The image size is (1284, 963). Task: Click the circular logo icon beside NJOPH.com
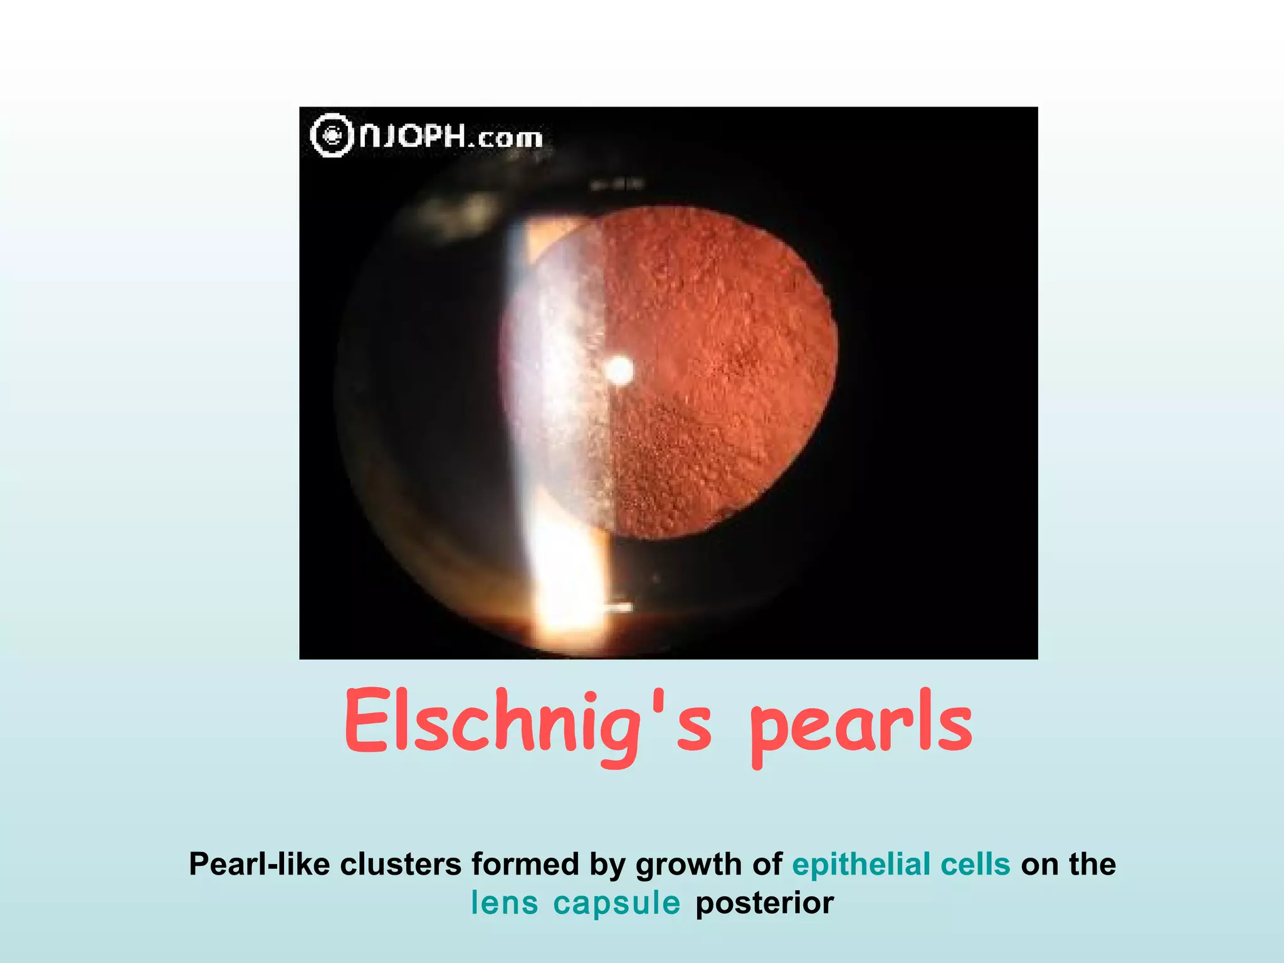point(332,135)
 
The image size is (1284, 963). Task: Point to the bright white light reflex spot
point(619,370)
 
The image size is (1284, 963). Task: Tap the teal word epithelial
point(861,864)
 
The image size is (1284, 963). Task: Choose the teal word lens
point(504,903)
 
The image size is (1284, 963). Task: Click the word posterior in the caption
point(764,903)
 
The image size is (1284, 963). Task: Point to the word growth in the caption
point(688,865)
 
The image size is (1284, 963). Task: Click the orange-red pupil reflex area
point(721,376)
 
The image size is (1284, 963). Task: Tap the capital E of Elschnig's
point(368,721)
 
